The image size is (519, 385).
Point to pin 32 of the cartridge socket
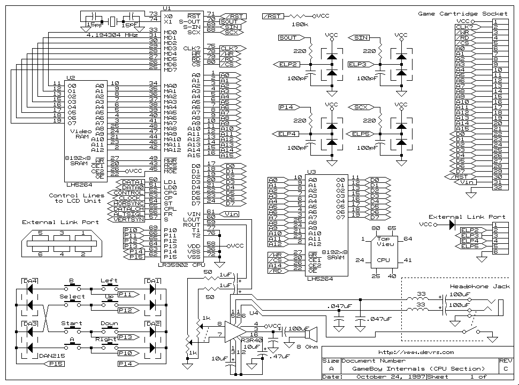pyautogui.click(x=497, y=188)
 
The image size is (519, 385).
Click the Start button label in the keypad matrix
pyautogui.click(x=71, y=324)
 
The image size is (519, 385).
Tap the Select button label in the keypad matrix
pyautogui.click(x=72, y=297)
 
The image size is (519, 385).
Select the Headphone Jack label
pyautogui.click(x=474, y=287)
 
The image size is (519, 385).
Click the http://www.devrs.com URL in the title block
pyautogui.click(x=415, y=352)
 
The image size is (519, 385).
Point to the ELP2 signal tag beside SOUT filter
pyautogui.click(x=288, y=64)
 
